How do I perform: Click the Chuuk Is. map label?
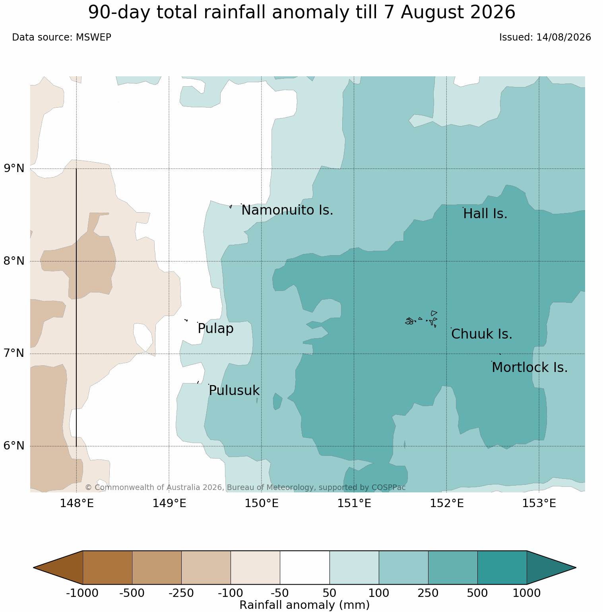click(x=482, y=334)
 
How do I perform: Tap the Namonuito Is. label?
click(x=287, y=210)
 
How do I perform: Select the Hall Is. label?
click(x=485, y=214)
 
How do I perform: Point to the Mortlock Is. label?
click(x=530, y=368)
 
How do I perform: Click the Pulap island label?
click(x=215, y=329)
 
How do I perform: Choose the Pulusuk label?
click(x=234, y=391)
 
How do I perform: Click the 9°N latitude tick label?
click(x=14, y=168)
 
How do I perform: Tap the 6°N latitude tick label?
click(x=14, y=446)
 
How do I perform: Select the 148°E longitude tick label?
click(x=77, y=504)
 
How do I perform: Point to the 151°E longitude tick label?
click(x=354, y=504)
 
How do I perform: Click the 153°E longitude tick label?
click(x=539, y=504)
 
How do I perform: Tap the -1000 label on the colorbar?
click(x=82, y=593)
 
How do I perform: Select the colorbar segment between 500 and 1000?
click(x=502, y=567)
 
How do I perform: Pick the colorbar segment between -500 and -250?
click(x=157, y=567)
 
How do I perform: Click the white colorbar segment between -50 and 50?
click(x=305, y=567)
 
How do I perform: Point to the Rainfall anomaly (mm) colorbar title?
click(x=305, y=605)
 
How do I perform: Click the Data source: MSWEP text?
click(x=62, y=37)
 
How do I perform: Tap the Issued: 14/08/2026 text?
click(x=545, y=37)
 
